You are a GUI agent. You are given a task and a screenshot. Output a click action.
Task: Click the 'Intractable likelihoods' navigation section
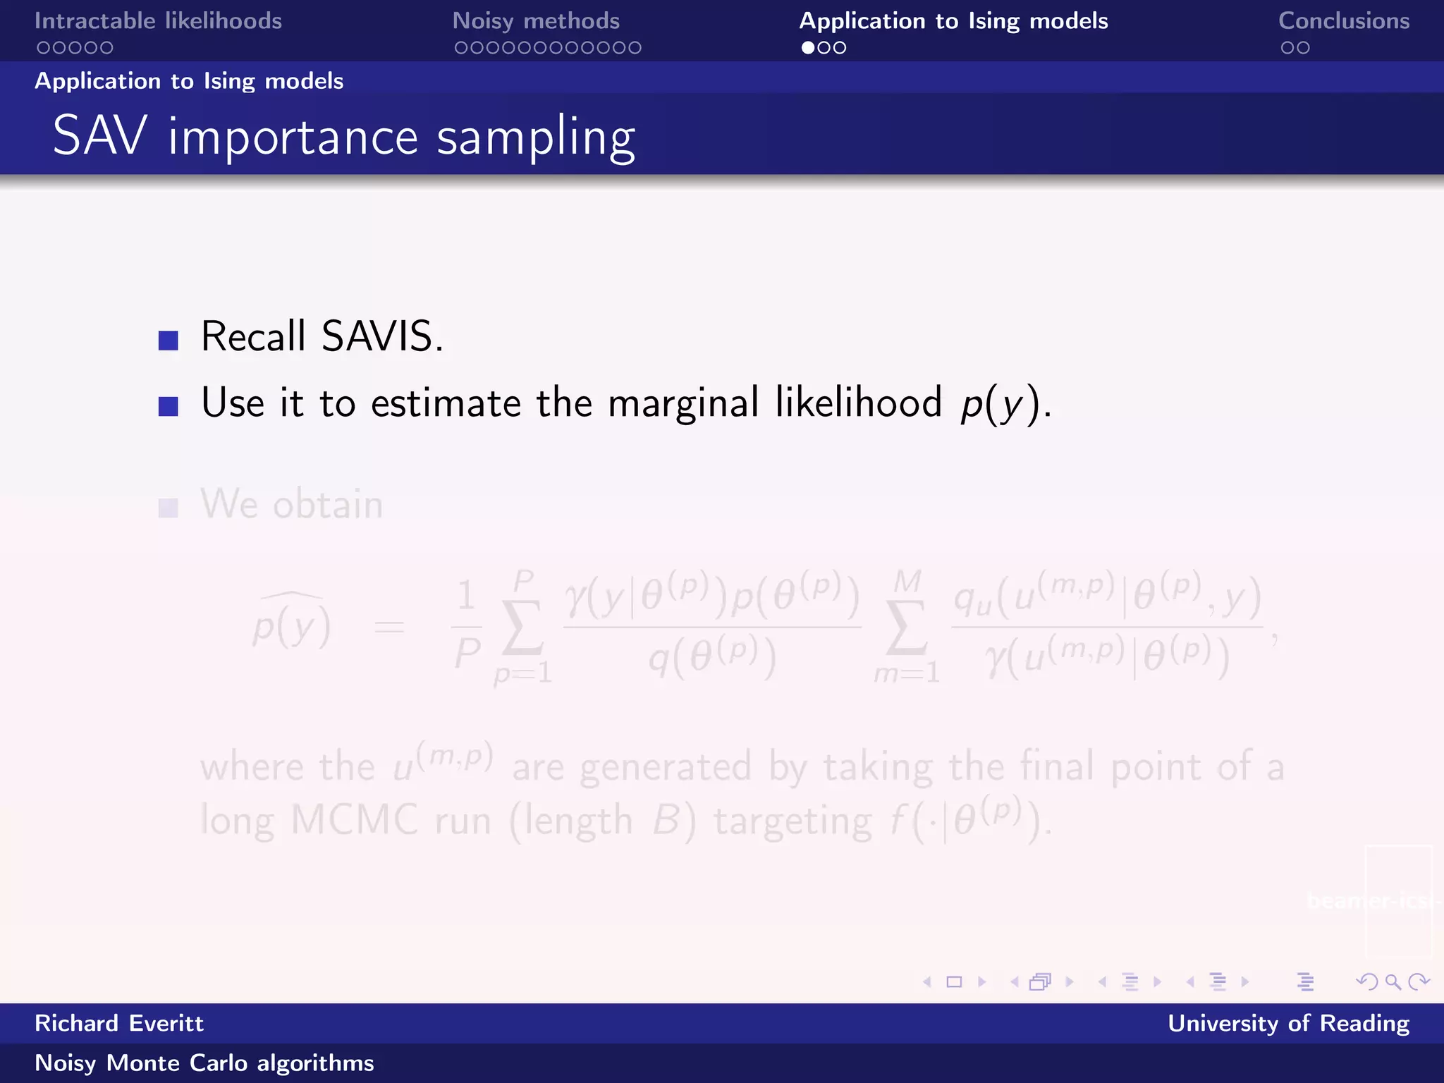158,21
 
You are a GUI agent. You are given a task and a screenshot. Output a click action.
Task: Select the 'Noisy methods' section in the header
536,21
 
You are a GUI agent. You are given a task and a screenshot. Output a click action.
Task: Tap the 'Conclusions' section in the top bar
1344,21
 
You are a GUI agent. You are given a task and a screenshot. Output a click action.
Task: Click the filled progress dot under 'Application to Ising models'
807,48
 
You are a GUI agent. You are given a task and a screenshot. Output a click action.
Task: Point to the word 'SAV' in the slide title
100,136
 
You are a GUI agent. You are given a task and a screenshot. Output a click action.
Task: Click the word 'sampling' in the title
536,137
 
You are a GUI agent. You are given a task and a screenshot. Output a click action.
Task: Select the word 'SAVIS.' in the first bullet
382,336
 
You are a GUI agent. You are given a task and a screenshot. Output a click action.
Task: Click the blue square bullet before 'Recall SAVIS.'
169,341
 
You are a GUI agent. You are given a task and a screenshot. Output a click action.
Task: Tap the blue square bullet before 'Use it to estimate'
169,406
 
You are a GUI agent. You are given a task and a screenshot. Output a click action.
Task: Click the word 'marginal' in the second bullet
683,403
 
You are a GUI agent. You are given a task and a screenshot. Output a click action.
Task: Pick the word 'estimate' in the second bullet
446,403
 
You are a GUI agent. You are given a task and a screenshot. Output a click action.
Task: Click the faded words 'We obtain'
291,504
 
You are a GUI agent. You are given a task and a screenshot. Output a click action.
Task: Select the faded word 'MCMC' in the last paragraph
355,820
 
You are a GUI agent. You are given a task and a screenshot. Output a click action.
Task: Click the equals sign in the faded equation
389,626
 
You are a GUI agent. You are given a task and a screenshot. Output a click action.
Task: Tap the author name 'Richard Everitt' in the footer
119,1023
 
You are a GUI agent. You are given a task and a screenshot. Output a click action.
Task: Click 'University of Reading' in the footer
1288,1023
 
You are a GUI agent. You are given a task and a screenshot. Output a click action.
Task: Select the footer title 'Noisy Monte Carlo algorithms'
204,1063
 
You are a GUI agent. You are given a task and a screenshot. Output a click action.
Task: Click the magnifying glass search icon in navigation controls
1393,981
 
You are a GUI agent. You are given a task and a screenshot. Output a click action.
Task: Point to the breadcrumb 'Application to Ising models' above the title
189,81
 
